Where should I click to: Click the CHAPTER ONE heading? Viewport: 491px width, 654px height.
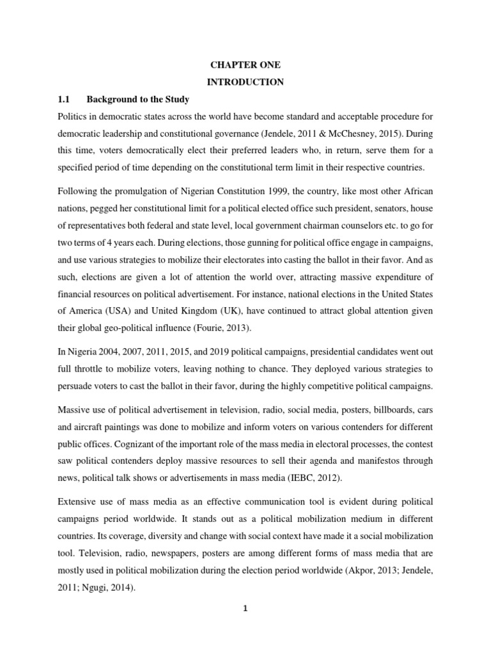coord(245,65)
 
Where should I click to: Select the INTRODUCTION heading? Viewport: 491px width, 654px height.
coord(245,82)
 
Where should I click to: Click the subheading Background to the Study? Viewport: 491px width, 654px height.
coord(138,100)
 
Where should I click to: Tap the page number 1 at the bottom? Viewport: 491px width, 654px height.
coord(245,608)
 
